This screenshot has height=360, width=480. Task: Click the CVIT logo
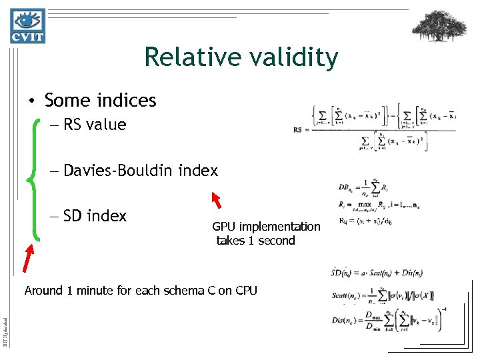27,26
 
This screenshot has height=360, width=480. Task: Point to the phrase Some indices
100,101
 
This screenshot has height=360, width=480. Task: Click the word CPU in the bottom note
245,291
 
